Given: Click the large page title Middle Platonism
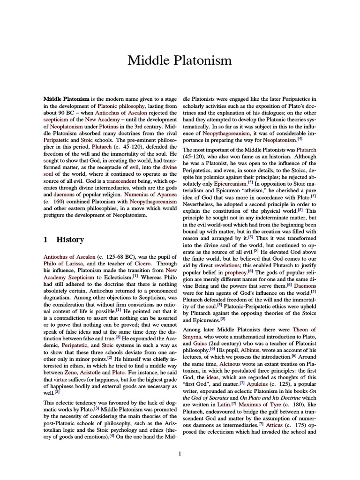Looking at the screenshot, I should pyautogui.click(x=180, y=60).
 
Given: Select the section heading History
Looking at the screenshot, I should pyautogui.click(x=70, y=240).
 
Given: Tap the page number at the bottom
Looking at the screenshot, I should pyautogui.click(x=180, y=453).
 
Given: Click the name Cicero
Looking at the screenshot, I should pyautogui.click(x=145, y=264).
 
